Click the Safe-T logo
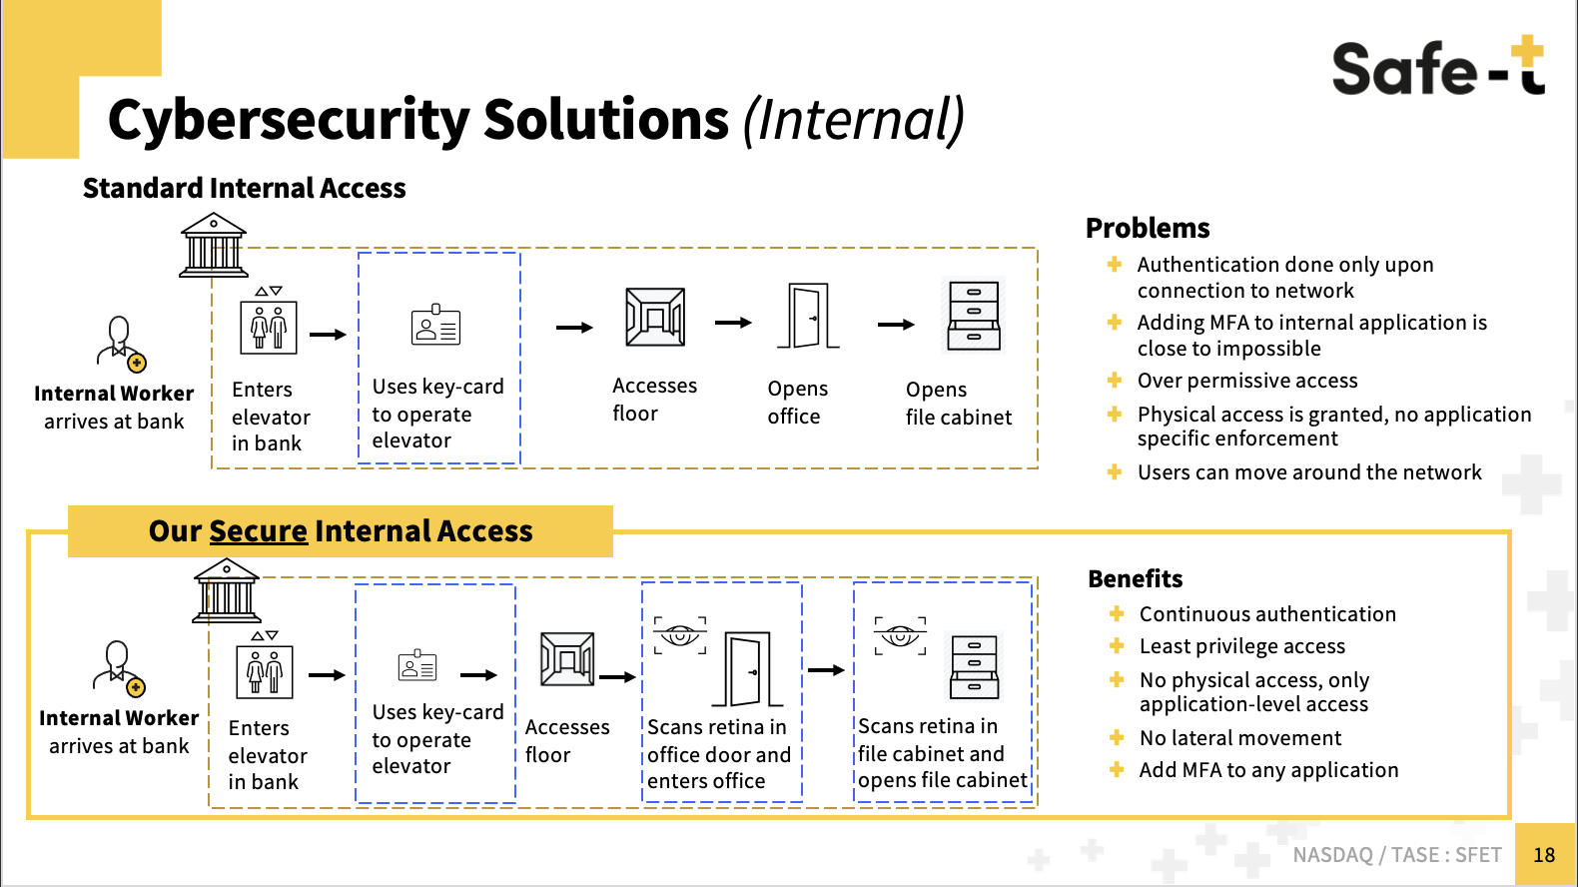coord(1437,67)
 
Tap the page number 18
coord(1544,855)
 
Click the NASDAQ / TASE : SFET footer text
coord(1396,855)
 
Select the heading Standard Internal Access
coord(244,188)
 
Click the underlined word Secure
coord(258,531)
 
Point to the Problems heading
coord(1148,228)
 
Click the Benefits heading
coord(1135,579)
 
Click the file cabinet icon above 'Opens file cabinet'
coord(974,316)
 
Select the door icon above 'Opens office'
coord(808,316)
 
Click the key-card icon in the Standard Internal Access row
coord(435,326)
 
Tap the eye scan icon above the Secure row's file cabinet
coord(900,635)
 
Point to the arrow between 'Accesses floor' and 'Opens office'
coord(733,323)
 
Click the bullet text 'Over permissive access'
coord(1246,381)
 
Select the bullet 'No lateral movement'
coord(1239,738)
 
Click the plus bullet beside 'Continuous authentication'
coord(1117,613)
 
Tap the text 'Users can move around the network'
coord(1308,472)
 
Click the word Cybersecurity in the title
coord(288,120)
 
